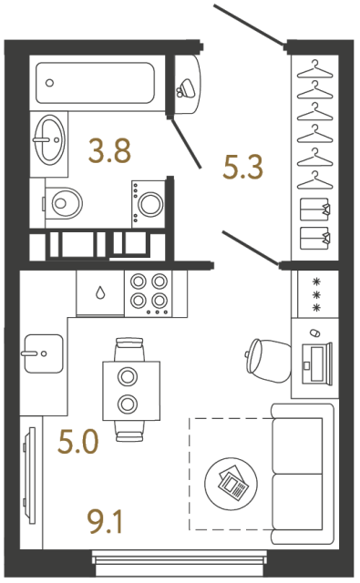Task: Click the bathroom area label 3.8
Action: [109, 150]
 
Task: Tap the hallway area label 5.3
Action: [242, 167]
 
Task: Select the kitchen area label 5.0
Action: [78, 441]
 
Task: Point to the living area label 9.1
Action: [104, 522]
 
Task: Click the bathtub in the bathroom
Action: [95, 83]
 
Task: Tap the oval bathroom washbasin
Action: [49, 139]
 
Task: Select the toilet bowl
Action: [63, 203]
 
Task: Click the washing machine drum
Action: [150, 203]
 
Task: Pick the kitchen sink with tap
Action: [44, 353]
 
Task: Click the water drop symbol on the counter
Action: [100, 292]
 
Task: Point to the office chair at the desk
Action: [267, 360]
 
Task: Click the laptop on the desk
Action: [316, 364]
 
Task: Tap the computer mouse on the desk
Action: [314, 332]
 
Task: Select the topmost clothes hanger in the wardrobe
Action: [314, 69]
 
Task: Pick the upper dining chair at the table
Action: [129, 349]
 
